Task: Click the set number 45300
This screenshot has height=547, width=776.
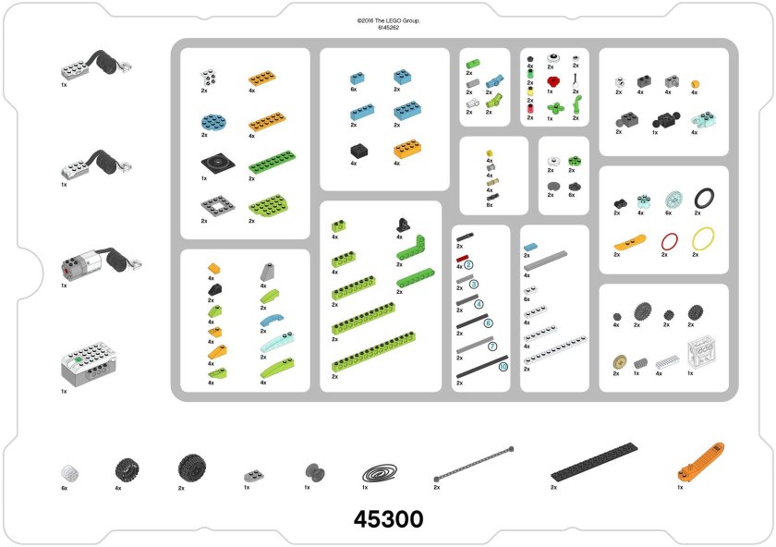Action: [388, 519]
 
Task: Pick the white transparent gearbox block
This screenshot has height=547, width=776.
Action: [698, 354]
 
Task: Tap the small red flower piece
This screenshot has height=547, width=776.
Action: [552, 80]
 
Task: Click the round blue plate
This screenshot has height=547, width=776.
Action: [212, 120]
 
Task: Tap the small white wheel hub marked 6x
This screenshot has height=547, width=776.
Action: [67, 472]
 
